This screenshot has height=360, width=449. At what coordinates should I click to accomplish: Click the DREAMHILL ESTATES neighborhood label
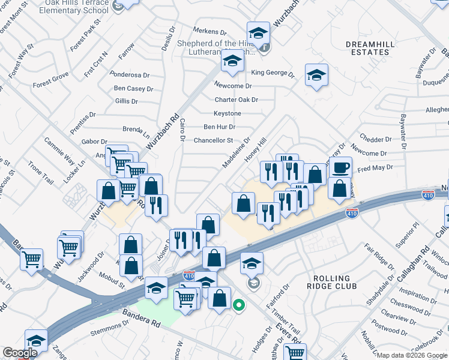pos(369,48)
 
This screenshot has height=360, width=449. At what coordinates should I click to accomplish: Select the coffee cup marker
pos(340,168)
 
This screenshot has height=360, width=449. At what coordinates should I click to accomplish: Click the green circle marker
pos(238,305)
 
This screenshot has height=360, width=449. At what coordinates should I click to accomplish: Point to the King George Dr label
pos(273,73)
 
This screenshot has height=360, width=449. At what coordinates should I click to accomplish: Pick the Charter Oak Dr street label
pos(237,100)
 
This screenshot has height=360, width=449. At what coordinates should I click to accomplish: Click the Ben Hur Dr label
pos(219,127)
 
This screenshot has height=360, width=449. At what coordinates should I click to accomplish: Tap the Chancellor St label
pos(213,140)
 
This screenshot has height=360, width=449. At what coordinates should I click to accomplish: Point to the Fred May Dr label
pos(375,169)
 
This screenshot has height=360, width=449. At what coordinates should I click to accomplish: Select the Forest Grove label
pos(50,84)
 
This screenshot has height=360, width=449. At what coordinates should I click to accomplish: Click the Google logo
pos(20,353)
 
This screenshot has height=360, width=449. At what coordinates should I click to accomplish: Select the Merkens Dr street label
pos(209,31)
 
